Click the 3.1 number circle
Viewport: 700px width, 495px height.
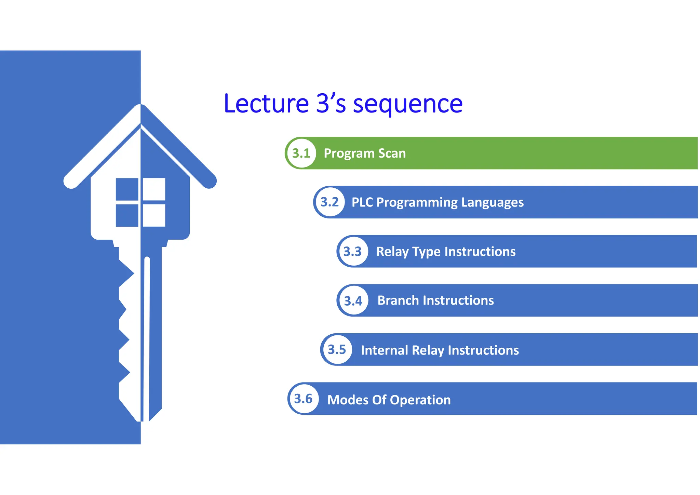click(x=301, y=153)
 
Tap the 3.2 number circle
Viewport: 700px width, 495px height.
click(x=329, y=202)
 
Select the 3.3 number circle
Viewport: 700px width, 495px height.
click(x=353, y=251)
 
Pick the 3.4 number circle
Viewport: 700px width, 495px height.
click(x=353, y=300)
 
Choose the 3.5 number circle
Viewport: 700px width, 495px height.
click(x=337, y=349)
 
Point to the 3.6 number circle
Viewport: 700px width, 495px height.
click(x=304, y=399)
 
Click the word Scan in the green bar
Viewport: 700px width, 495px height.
click(x=392, y=153)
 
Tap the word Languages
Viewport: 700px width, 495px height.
click(x=492, y=202)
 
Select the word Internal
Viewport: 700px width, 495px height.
click(x=384, y=350)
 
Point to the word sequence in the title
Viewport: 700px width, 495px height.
click(x=408, y=104)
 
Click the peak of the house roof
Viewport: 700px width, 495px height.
click(x=140, y=106)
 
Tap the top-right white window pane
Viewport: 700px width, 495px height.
click(x=154, y=189)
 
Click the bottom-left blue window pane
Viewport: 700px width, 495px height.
click(x=127, y=215)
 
